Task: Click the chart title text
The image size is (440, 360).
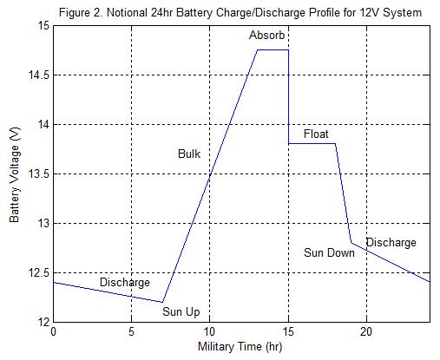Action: [241, 12]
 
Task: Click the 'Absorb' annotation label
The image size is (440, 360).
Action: [266, 36]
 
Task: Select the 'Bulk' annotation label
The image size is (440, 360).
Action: [189, 154]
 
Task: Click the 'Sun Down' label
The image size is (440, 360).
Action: [329, 253]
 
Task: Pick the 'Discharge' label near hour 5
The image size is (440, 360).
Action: [124, 283]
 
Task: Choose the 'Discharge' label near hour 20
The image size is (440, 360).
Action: [391, 243]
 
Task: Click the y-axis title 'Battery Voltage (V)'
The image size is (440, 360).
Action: [15, 173]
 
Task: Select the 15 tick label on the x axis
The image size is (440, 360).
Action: [288, 331]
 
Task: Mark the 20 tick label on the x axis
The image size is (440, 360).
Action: [366, 331]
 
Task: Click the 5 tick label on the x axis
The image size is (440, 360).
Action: [132, 331]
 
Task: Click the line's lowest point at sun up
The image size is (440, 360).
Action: [163, 302]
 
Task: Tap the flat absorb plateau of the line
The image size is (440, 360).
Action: [273, 50]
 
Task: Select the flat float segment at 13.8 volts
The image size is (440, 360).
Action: [312, 144]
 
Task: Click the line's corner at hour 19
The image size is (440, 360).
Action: [351, 243]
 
